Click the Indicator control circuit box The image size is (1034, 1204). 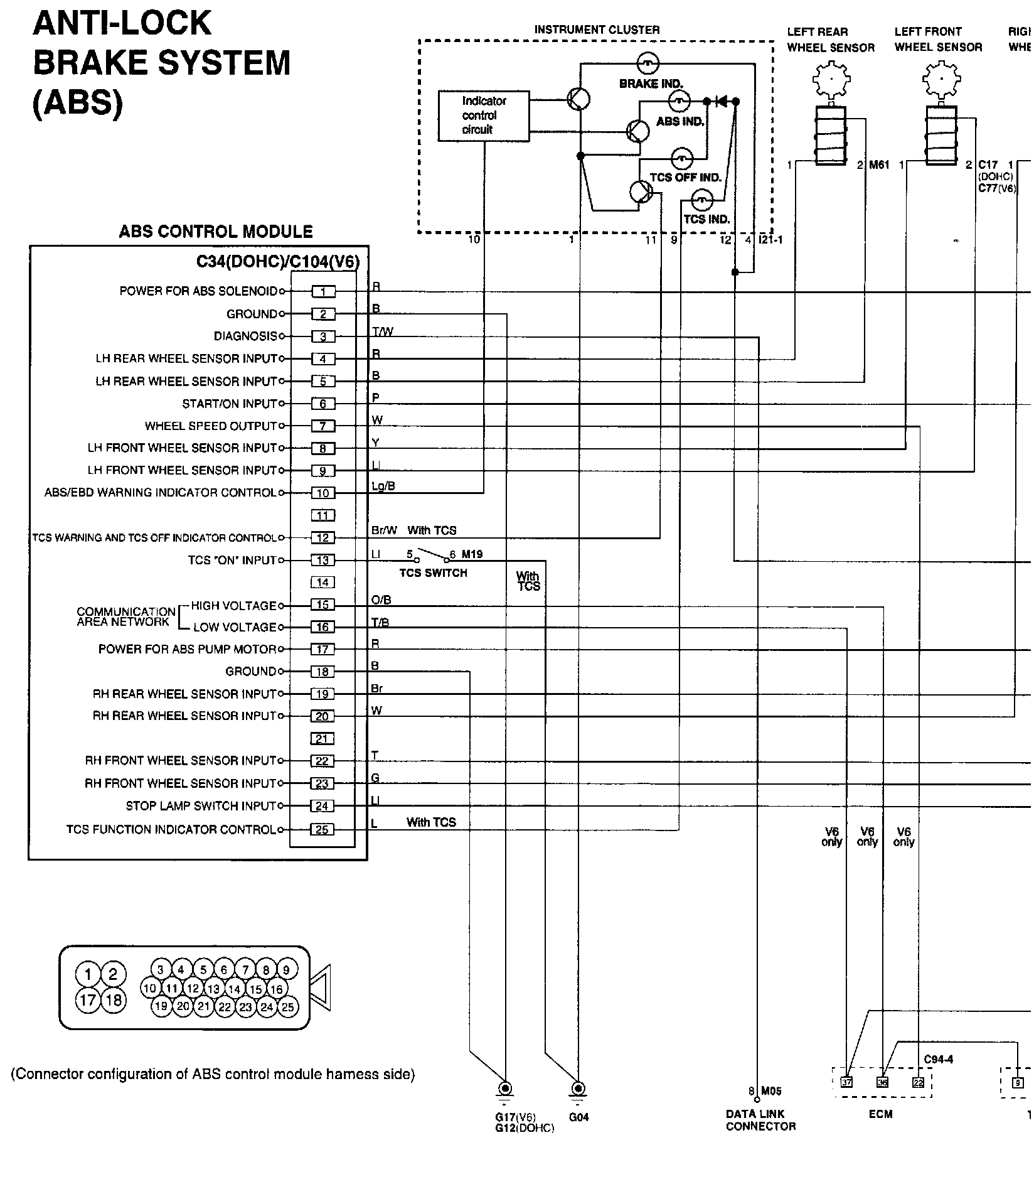(483, 116)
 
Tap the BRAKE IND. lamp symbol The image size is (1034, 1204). (647, 62)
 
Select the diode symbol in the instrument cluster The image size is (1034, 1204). (722, 100)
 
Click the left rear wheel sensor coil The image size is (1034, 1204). (830, 136)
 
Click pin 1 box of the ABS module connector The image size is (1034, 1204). (323, 291)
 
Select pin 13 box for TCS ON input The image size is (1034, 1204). (323, 560)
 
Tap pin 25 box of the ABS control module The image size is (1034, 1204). (322, 830)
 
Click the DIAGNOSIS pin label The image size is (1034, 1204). (245, 336)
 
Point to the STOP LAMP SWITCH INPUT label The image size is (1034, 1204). (201, 806)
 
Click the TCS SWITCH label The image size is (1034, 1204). (433, 573)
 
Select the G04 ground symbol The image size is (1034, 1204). (578, 1088)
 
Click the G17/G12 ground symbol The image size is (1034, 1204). (504, 1088)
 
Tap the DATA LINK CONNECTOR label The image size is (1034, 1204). (760, 1120)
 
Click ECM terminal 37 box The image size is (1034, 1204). (846, 1082)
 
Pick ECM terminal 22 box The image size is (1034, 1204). (919, 1082)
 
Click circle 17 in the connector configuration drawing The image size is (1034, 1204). (88, 1000)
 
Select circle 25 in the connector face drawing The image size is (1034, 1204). (287, 1007)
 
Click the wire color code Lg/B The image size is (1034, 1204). (383, 486)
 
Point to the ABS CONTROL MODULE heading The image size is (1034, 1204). (216, 232)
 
